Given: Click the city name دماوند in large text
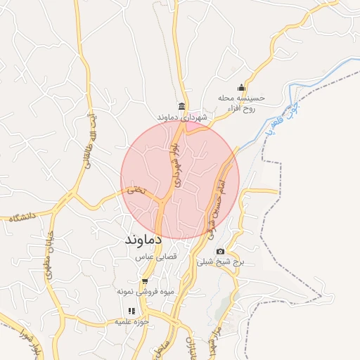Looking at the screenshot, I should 143,240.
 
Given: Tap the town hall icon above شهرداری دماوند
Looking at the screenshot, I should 182,106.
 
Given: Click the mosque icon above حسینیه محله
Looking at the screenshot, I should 241,87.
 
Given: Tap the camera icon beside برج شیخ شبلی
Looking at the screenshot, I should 220,252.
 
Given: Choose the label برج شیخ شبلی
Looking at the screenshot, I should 221,262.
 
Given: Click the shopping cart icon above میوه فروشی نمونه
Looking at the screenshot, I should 145,281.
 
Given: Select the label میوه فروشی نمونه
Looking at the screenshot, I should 145,290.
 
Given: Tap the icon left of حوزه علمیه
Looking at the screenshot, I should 131,311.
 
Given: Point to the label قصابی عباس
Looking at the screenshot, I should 155,258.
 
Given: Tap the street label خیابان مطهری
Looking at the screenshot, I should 50,254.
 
